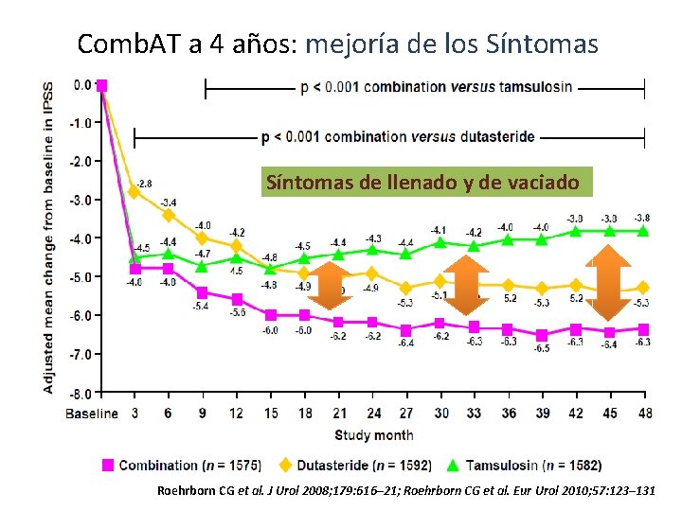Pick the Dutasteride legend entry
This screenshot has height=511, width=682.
(354, 465)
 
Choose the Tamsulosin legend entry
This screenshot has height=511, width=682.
(526, 465)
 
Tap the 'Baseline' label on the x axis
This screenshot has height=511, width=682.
(92, 414)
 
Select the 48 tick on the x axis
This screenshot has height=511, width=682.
(643, 414)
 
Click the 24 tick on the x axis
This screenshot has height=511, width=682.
(373, 414)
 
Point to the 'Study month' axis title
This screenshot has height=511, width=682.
(372, 435)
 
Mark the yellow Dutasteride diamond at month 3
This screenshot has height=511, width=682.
(135, 192)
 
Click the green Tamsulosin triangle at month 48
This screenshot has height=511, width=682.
(643, 231)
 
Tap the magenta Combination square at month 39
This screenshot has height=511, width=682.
(542, 335)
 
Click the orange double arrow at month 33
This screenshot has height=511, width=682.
(466, 284)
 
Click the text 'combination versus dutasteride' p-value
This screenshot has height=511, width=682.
(398, 137)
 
